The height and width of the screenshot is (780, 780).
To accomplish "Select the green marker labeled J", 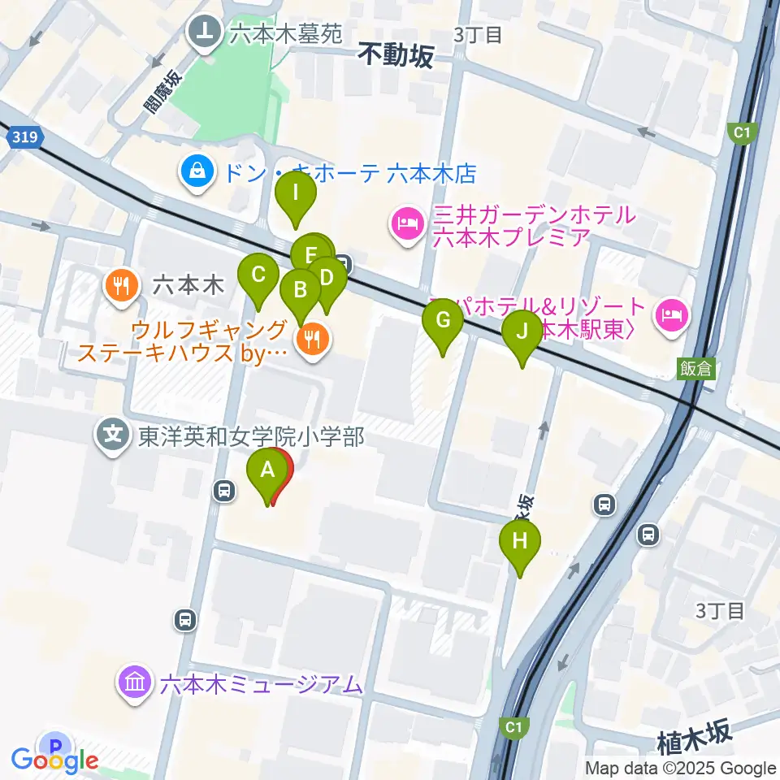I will [x=521, y=332].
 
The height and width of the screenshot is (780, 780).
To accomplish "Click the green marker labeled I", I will [x=295, y=195].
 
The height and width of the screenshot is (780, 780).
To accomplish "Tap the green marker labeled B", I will [x=300, y=290].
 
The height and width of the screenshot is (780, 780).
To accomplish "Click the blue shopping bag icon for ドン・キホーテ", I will [x=197, y=171].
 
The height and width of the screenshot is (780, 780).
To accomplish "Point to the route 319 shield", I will [x=25, y=138].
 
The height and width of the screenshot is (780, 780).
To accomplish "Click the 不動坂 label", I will [x=396, y=54].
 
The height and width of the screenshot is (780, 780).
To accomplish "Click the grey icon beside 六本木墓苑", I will [x=203, y=31].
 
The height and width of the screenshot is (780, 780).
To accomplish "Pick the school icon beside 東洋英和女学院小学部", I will [x=113, y=436].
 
